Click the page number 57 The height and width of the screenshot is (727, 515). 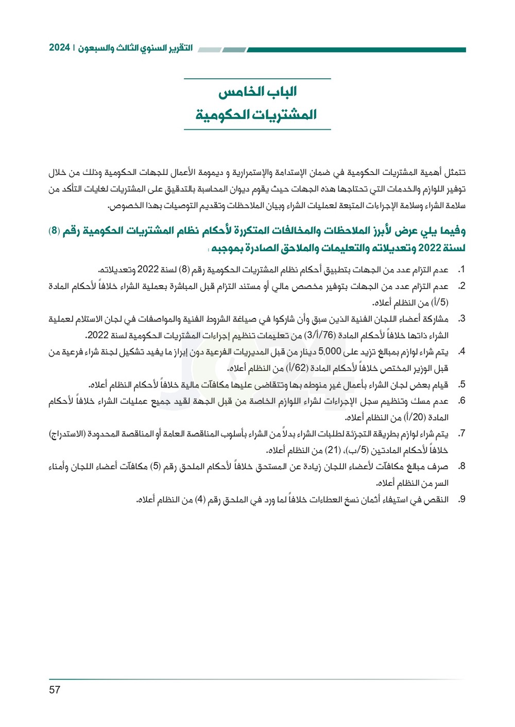[x=55, y=690]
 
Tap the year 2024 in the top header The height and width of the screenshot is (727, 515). [x=59, y=48]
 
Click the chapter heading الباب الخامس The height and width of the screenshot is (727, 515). [x=257, y=92]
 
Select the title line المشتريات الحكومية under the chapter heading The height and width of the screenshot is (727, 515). [x=256, y=115]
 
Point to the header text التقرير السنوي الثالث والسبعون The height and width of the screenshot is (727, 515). [x=135, y=48]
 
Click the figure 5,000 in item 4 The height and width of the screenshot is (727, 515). [x=330, y=352]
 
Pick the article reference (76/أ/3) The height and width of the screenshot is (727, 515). [x=319, y=335]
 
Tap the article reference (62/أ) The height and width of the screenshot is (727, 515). [x=297, y=368]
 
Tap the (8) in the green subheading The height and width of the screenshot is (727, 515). [x=54, y=231]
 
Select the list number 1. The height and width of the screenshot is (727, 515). [x=461, y=270]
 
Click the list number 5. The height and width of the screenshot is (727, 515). [x=461, y=385]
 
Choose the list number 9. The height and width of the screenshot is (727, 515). [x=461, y=499]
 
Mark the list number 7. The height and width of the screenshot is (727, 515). [x=461, y=434]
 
